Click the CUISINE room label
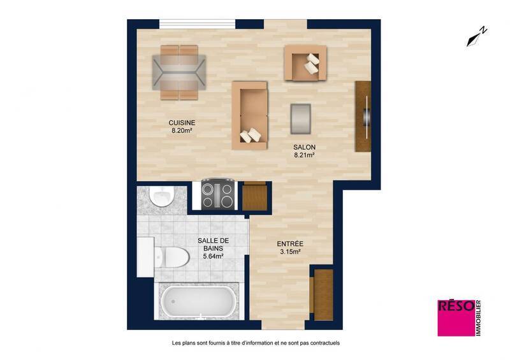point(182,122)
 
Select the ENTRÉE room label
point(289,243)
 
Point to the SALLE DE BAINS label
point(213,245)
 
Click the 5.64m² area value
point(213,257)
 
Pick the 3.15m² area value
point(289,252)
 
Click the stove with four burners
point(217,194)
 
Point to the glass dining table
point(180,72)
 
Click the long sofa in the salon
point(251,115)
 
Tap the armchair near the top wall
point(305,62)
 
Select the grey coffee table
point(301,119)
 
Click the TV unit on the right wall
point(363,116)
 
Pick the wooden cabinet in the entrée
point(323,294)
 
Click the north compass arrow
point(477,37)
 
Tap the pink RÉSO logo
point(455,317)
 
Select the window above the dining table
point(197,24)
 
